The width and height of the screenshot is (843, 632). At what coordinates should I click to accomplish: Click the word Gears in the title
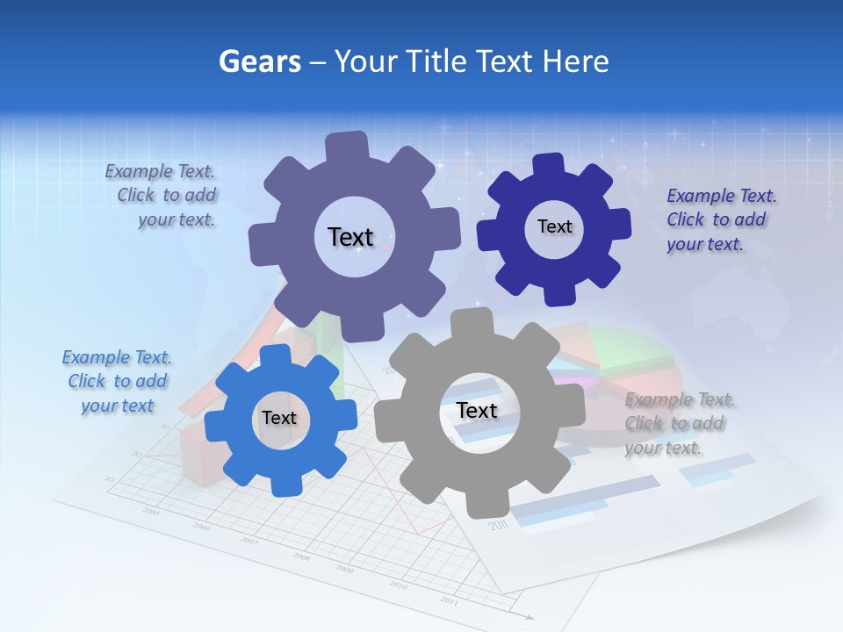point(259,61)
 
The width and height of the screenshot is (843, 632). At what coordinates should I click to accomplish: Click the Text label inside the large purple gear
point(350,237)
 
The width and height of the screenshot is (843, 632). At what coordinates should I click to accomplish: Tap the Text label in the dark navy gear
point(554,226)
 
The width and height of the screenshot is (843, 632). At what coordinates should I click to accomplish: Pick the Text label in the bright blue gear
point(278,418)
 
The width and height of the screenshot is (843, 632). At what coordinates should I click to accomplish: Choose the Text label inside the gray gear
point(477,410)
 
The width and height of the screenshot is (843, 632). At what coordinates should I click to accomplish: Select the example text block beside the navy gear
point(721,219)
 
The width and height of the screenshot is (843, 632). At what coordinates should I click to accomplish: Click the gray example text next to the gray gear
point(680,423)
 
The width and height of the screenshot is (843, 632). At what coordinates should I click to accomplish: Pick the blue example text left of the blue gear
point(117,381)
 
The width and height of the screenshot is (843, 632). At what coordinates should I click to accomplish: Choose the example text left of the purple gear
point(163,195)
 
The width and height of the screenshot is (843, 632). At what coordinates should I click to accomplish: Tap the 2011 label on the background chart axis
point(450,601)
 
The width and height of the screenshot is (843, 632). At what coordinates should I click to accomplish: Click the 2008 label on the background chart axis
point(301,557)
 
